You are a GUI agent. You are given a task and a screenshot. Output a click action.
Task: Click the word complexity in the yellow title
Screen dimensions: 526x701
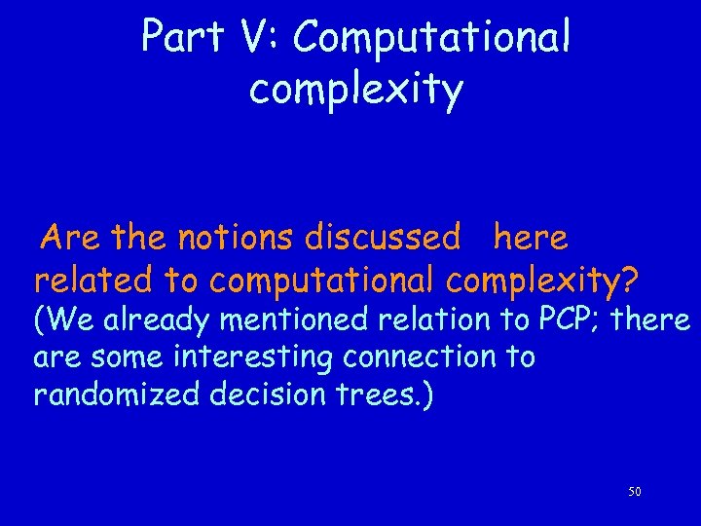click(x=355, y=90)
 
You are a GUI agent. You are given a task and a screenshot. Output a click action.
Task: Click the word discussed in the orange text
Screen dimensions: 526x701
click(x=383, y=237)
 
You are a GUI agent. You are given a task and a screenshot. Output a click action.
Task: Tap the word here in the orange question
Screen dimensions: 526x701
click(x=531, y=237)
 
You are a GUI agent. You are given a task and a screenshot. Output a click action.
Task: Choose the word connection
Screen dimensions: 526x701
click(x=420, y=357)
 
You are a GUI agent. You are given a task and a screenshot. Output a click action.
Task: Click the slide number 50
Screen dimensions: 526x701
click(x=634, y=492)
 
